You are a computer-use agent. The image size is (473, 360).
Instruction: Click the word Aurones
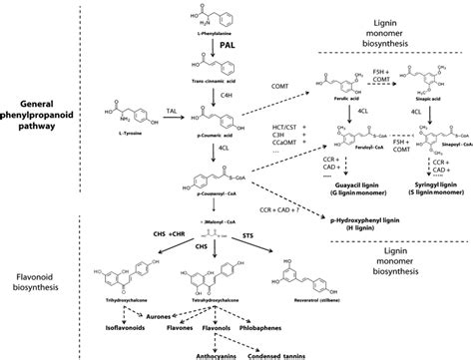(x=147, y=311)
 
